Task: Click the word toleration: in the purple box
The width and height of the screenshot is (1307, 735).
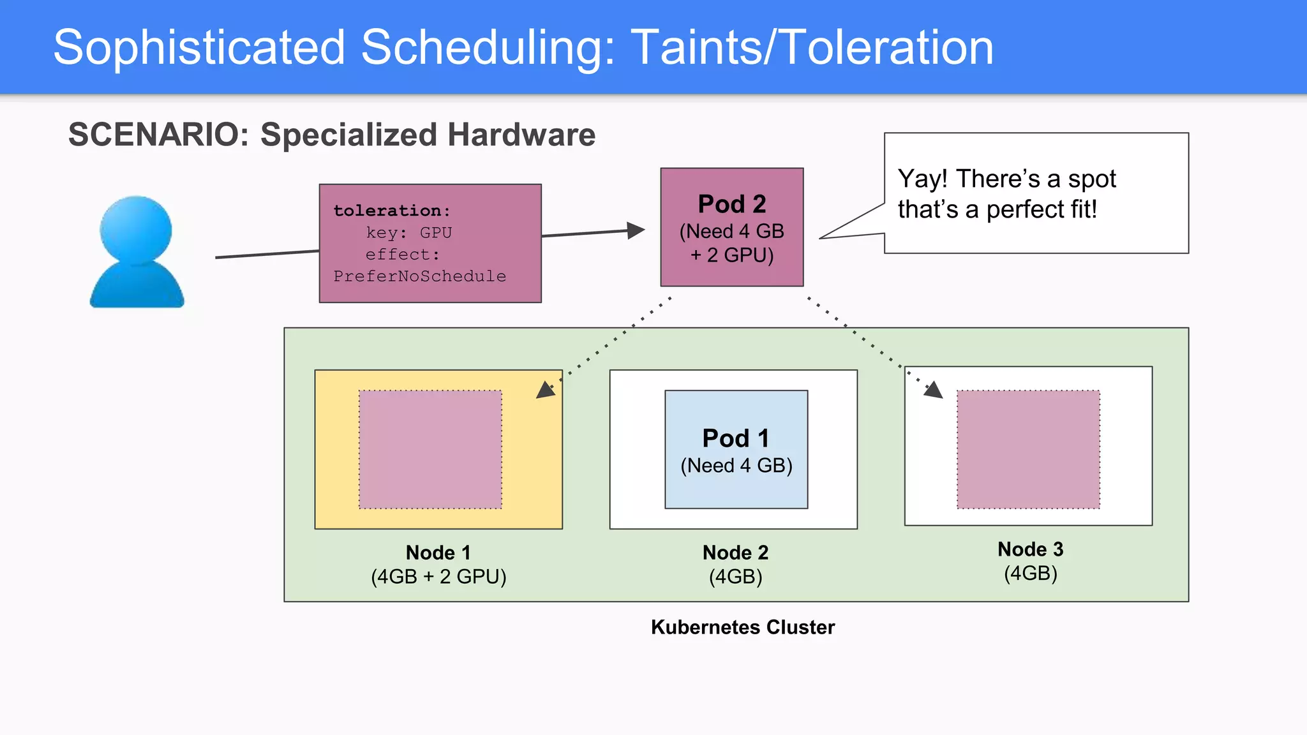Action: click(392, 211)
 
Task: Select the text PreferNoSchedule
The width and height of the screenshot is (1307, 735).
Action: click(419, 276)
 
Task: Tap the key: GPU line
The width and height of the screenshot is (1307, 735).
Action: click(408, 233)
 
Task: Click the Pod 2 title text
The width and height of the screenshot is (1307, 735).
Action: click(731, 204)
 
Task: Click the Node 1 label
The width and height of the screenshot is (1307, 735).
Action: click(438, 553)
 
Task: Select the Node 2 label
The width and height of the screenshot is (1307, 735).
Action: click(735, 553)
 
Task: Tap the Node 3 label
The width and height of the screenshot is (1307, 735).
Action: click(1030, 549)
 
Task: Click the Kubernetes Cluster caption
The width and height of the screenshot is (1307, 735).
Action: click(742, 627)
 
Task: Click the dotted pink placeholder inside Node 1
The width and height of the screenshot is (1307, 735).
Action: click(430, 449)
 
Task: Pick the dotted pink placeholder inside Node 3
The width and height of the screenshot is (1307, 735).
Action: click(1028, 449)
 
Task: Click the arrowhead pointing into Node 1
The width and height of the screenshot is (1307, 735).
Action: click(545, 390)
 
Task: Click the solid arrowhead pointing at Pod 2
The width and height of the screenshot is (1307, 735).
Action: click(635, 230)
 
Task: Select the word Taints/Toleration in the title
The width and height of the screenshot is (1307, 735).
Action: click(812, 48)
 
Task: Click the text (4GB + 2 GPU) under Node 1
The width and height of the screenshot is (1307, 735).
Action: click(438, 577)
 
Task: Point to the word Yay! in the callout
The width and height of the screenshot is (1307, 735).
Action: click(922, 179)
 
